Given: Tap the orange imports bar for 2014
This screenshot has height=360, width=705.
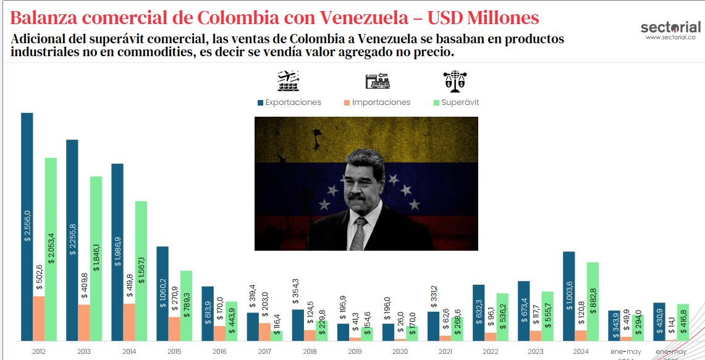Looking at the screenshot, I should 129,322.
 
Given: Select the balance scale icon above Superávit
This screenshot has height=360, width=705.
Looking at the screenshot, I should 455,80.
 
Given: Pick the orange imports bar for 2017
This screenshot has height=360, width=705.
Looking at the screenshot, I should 264,332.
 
